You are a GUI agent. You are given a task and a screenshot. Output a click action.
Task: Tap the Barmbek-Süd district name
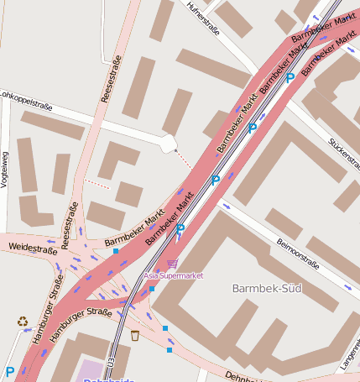coord(266,289)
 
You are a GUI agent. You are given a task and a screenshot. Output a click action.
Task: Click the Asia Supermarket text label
coord(174,275)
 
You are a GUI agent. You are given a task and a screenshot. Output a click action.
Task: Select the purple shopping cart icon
coord(172,264)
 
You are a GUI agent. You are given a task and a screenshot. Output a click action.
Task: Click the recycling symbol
coord(22,321)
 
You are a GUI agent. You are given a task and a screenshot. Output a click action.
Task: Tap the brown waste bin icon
coord(134,336)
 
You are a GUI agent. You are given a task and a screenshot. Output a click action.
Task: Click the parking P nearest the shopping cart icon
coord(180,229)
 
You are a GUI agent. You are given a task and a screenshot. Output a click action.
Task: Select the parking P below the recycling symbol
coord(10,371)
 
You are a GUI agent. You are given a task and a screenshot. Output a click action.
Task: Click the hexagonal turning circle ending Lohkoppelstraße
coord(168,143)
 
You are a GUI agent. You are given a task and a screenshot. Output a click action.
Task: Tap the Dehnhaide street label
coord(243,376)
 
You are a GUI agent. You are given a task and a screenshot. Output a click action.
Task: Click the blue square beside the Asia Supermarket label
coord(152,289)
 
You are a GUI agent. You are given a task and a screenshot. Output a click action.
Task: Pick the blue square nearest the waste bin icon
coord(165,328)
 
